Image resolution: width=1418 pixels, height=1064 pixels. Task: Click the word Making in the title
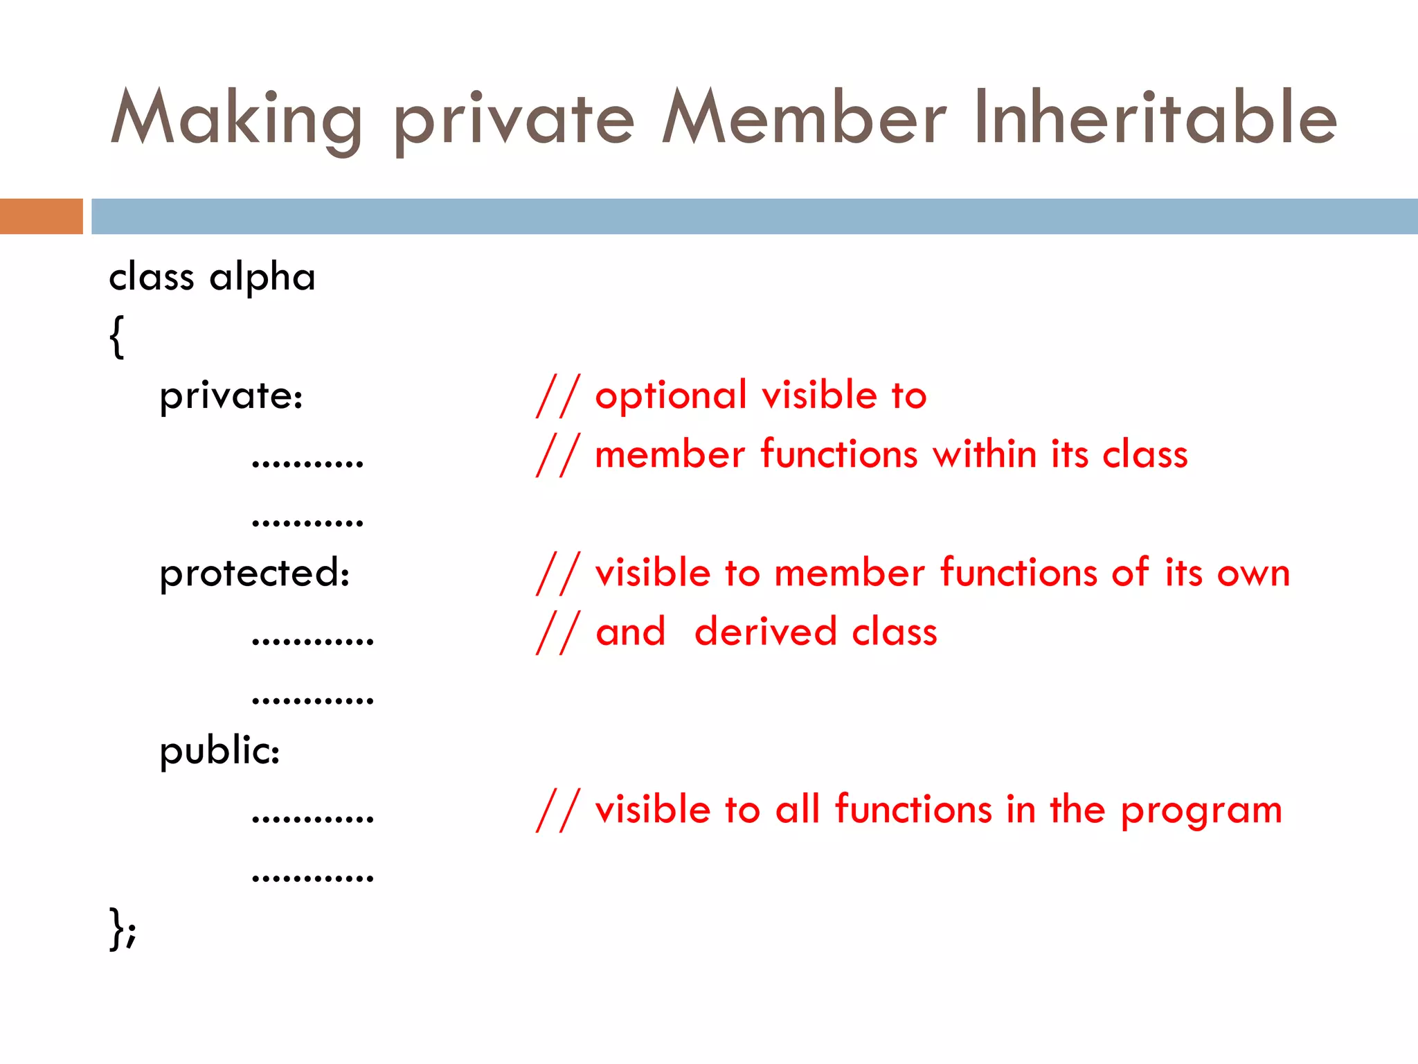235,119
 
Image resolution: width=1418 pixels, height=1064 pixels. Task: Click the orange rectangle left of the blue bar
41,216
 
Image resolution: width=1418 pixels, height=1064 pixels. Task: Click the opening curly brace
117,337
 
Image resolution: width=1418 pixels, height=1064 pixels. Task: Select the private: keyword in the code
231,396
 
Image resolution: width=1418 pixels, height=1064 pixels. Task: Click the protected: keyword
255,574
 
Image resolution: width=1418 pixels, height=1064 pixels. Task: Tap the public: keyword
219,751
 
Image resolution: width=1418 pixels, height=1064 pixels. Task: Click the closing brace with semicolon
123,928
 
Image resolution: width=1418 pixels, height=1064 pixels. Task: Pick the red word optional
671,396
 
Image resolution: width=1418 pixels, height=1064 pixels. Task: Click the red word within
984,455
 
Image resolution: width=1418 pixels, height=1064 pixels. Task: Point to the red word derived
765,632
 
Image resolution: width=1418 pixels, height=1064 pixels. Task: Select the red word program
1201,810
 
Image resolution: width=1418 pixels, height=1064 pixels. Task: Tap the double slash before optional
557,396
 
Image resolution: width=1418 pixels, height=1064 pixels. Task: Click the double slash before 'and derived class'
557,632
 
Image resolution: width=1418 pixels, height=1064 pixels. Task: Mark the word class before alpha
151,277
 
